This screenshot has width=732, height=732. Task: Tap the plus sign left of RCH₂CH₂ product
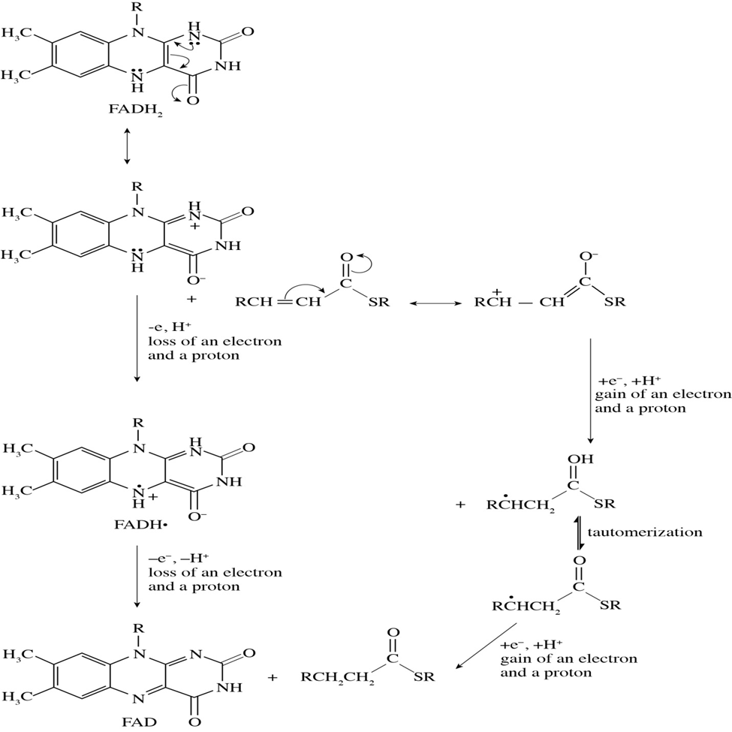pyautogui.click(x=273, y=676)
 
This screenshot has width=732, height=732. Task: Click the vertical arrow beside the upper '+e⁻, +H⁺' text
pyautogui.click(x=590, y=390)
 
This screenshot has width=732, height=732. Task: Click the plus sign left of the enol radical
pyautogui.click(x=459, y=505)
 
